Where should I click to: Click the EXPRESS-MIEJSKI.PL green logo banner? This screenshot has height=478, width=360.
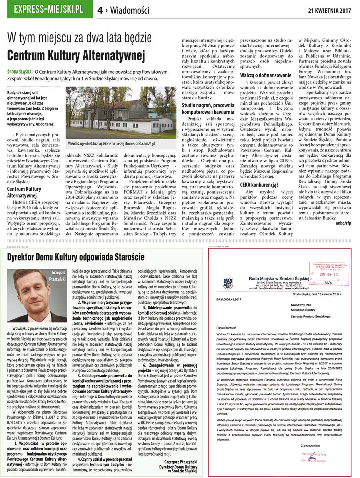[x=48, y=9]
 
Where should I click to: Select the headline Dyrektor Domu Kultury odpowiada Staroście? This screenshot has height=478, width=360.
[x=76, y=257]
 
